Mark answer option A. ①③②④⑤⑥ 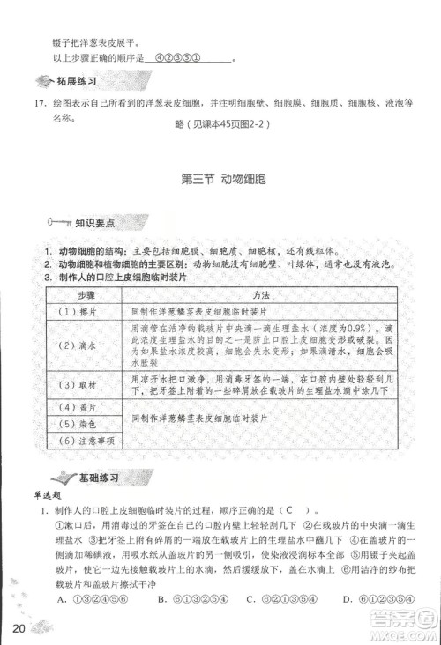click(85, 599)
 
